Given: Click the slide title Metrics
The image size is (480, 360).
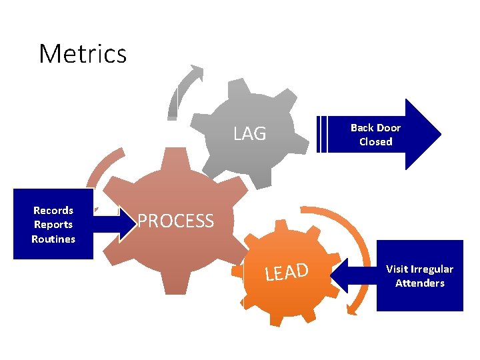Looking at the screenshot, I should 83,53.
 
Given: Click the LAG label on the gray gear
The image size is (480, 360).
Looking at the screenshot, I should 249,134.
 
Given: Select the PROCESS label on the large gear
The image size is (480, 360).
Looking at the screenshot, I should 175,221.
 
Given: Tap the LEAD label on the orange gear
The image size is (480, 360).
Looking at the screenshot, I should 286,272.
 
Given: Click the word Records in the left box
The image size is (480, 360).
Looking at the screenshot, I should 53,210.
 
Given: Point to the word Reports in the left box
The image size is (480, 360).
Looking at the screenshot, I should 53,225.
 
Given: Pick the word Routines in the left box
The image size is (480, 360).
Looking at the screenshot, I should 53,239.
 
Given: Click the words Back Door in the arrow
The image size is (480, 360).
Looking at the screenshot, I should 375,127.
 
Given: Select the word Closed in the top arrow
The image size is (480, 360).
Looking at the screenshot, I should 375,141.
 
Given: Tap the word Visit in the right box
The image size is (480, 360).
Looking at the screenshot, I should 399,269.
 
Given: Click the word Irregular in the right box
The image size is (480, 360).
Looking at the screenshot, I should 433,269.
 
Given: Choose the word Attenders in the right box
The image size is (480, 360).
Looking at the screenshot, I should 419,283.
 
